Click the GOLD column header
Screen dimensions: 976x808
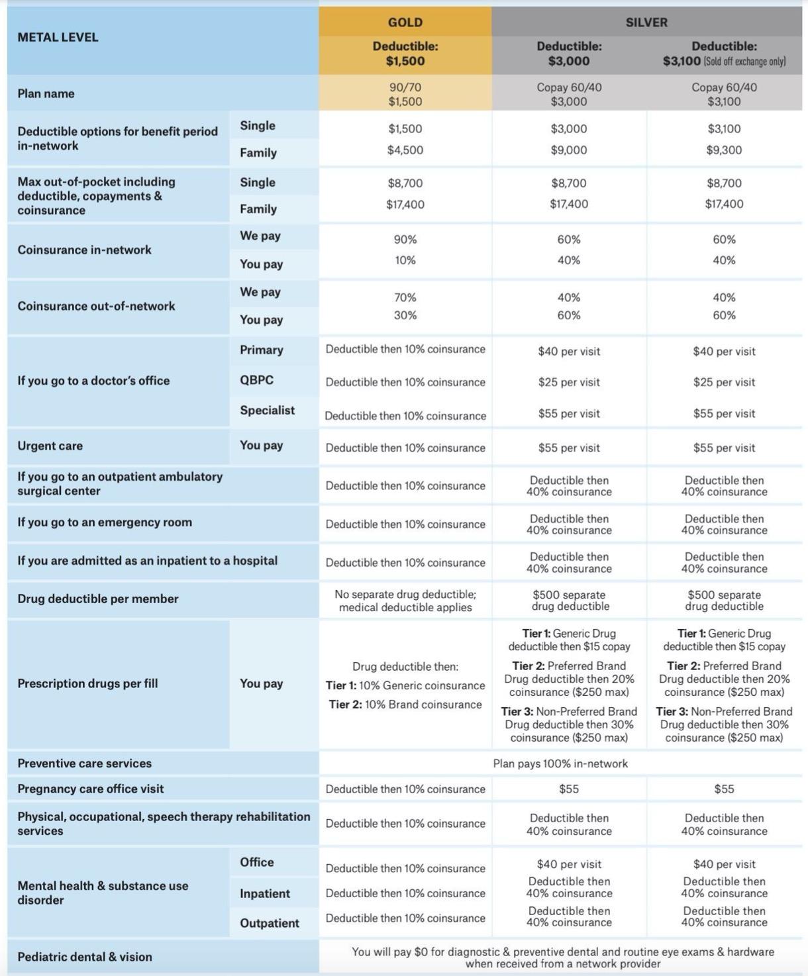coord(405,22)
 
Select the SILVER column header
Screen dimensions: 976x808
coord(646,22)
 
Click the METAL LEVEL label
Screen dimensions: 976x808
coord(58,37)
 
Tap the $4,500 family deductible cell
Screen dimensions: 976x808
coord(405,150)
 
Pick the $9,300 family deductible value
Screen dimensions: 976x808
coord(724,150)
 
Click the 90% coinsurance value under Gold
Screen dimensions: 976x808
coord(405,239)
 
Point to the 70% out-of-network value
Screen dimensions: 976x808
coord(405,297)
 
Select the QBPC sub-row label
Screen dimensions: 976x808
coord(256,380)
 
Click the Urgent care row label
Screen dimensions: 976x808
coord(50,446)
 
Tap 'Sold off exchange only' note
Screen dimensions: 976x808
coord(744,62)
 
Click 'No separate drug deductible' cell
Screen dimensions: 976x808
coord(405,601)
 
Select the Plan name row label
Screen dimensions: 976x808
coord(46,93)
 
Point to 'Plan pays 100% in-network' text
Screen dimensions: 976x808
coord(560,763)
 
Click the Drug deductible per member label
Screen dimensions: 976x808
coord(98,599)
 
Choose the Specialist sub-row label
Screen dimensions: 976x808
coord(267,410)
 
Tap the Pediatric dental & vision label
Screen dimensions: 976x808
coord(85,957)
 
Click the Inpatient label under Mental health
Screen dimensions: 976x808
coord(264,893)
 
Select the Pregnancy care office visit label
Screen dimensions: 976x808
coord(91,789)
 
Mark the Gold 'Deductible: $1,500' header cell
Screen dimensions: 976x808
coord(405,54)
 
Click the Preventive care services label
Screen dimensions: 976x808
coord(85,763)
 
